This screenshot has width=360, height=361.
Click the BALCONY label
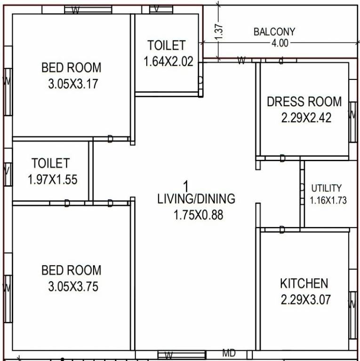(x=274, y=32)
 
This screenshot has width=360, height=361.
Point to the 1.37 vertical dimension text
(x=219, y=31)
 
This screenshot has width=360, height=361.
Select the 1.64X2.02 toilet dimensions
(x=168, y=61)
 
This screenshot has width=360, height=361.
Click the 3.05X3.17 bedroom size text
(x=72, y=84)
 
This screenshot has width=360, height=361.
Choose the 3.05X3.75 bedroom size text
(x=73, y=286)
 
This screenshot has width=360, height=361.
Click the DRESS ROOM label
(x=304, y=102)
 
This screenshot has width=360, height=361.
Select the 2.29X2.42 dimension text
(x=306, y=118)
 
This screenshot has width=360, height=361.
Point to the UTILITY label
(x=326, y=188)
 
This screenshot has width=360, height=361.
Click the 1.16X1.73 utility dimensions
(x=328, y=200)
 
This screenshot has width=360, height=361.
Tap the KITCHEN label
(x=304, y=283)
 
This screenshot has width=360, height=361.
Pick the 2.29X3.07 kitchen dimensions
(x=306, y=299)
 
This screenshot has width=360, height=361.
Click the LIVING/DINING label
(x=196, y=199)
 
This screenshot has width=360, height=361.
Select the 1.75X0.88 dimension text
(x=198, y=215)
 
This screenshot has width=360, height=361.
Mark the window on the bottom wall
(x=181, y=355)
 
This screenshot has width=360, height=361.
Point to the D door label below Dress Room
(x=282, y=159)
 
